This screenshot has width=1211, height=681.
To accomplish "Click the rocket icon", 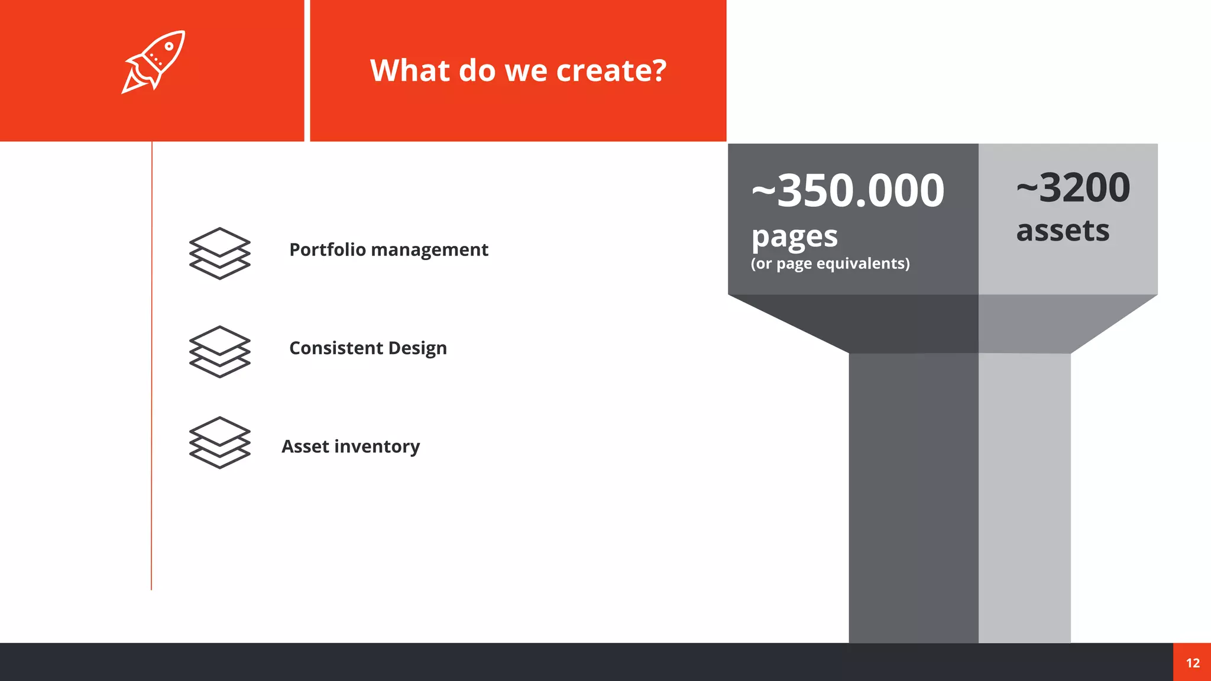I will point(154,61).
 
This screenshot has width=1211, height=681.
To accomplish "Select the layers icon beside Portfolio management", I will point(219,253).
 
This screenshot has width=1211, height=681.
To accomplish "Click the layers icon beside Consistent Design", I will point(219,351).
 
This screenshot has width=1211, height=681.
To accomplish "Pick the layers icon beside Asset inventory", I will point(219,442).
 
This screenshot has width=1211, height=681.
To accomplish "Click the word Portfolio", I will point(328,250).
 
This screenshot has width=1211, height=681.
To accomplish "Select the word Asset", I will point(305,446).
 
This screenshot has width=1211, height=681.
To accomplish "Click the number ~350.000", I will point(848,190).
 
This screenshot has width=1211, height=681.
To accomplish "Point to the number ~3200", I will point(1073,187).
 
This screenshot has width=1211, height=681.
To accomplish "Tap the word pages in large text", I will point(794,237).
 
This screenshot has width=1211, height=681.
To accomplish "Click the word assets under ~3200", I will point(1063,231).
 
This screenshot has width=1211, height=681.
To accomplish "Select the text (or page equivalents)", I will point(830,264).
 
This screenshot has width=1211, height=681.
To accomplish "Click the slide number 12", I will point(1193,663).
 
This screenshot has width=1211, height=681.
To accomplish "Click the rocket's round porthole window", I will point(169,46).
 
